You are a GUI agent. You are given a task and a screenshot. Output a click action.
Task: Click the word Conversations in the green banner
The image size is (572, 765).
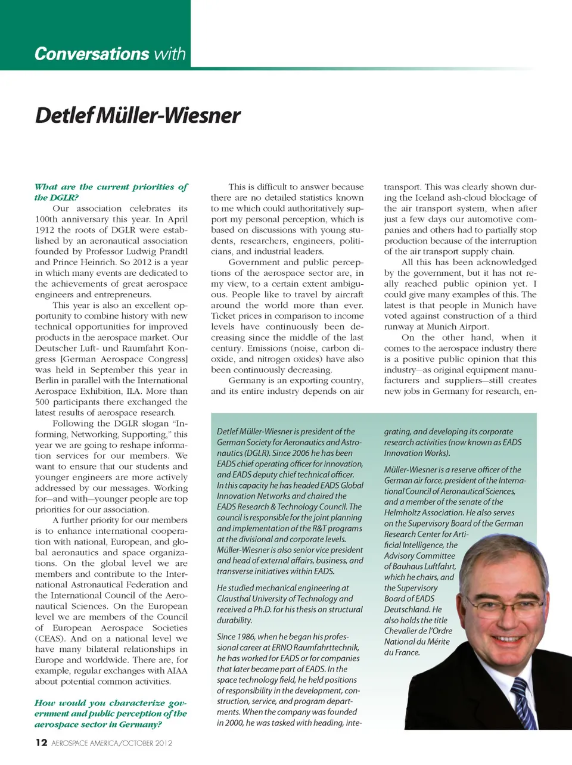pyautogui.click(x=91, y=54)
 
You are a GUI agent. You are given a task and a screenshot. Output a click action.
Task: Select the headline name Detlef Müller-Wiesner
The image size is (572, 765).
pyautogui.click(x=138, y=115)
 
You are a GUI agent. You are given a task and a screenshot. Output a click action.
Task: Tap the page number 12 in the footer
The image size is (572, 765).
pyautogui.click(x=41, y=742)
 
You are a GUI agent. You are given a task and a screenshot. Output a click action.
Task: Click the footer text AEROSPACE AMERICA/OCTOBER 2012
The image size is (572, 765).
pyautogui.click(x=112, y=743)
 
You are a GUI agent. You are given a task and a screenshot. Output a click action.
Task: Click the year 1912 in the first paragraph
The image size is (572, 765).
pyautogui.click(x=45, y=230)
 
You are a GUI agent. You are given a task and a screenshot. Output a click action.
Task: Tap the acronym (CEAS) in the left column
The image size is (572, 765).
pyautogui.click(x=51, y=639)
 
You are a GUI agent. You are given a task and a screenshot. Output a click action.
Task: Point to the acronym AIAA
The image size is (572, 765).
pyautogui.click(x=177, y=671)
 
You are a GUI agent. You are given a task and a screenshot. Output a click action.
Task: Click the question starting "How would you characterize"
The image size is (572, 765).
pyautogui.click(x=111, y=714)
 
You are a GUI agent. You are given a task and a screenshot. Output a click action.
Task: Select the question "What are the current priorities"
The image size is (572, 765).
pyautogui.click(x=111, y=192)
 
